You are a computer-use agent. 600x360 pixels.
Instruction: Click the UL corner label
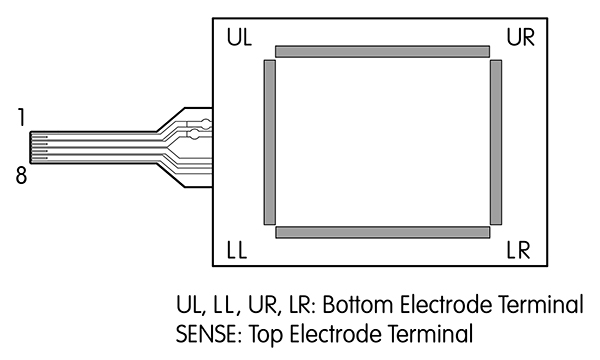240,38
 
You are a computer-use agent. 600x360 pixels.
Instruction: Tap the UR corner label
520,38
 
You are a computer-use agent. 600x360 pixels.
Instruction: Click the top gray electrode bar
382,50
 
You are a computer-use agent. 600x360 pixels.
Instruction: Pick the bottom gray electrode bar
382,232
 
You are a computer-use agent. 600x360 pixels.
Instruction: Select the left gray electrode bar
267,142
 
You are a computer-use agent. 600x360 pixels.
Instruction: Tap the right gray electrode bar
496,142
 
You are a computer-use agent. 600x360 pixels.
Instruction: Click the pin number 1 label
21,118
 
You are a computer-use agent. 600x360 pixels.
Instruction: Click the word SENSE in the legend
207,331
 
